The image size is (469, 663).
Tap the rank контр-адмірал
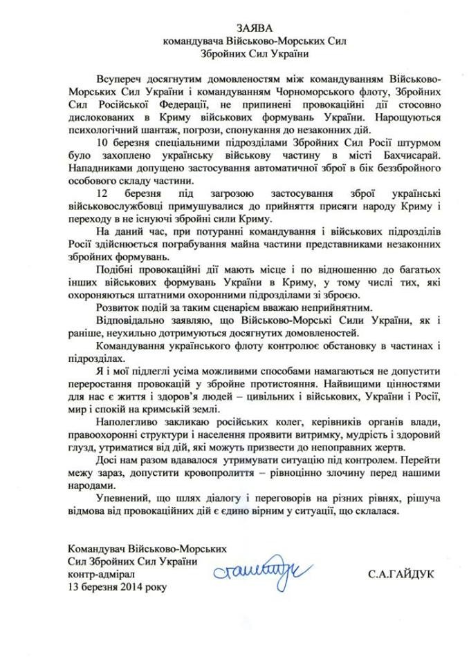[100, 574]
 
